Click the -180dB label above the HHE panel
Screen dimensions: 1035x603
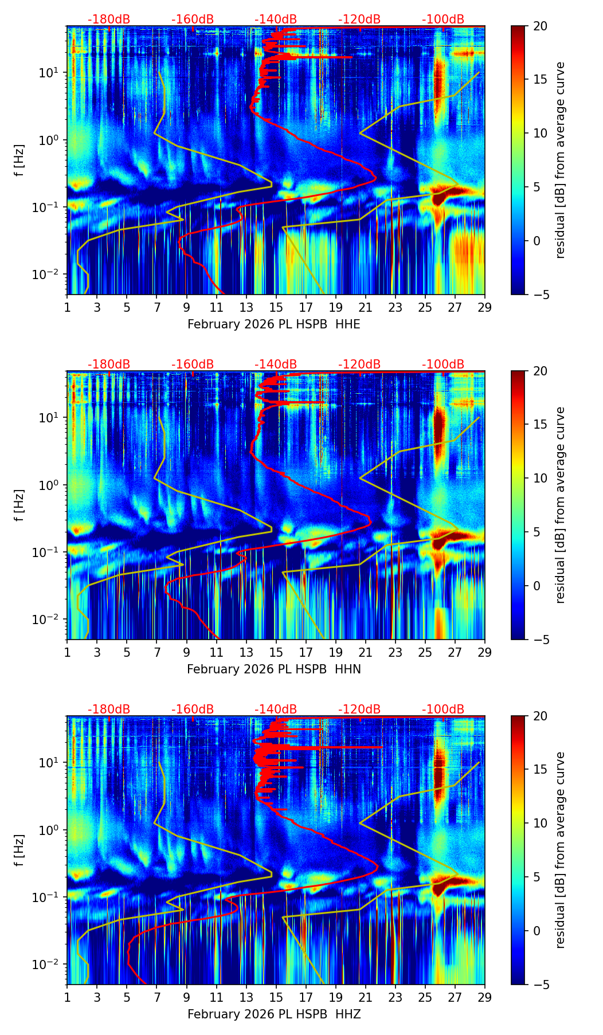(x=109, y=19)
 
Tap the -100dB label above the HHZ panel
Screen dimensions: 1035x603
(x=443, y=709)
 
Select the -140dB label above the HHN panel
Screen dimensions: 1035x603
(x=276, y=364)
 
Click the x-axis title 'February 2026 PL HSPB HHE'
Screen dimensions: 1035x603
(x=274, y=324)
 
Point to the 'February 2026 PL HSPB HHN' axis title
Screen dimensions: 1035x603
(x=274, y=669)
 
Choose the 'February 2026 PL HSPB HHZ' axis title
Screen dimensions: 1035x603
(x=274, y=1014)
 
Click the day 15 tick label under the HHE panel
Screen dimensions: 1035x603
(x=276, y=308)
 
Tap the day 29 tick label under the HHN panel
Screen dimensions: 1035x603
(x=484, y=653)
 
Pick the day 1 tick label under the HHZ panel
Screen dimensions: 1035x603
(x=68, y=998)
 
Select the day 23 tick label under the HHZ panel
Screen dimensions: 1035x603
(x=395, y=998)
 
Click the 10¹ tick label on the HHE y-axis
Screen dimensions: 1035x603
(x=52, y=73)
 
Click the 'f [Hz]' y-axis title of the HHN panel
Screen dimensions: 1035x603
(x=19, y=505)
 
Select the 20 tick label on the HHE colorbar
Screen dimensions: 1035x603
(x=540, y=26)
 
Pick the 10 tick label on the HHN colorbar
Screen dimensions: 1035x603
(x=540, y=478)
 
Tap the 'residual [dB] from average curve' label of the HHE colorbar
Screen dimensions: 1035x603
(x=561, y=160)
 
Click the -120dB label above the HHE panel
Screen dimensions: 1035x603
(x=359, y=19)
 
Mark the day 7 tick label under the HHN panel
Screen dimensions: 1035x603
(x=156, y=653)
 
